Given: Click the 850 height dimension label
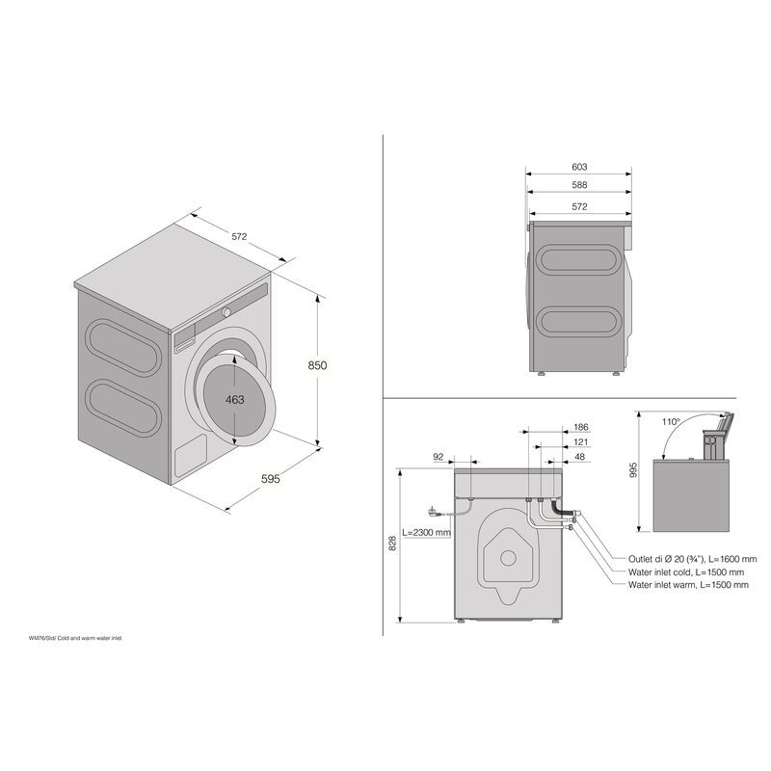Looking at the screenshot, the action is [317, 365].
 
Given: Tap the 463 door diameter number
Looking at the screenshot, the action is [235, 400].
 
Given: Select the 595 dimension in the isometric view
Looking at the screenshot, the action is [271, 478].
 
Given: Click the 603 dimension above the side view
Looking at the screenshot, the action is [579, 167].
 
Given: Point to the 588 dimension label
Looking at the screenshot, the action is [579, 185].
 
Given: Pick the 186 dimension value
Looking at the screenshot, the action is [581, 427].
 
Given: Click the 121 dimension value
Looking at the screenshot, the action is [581, 442].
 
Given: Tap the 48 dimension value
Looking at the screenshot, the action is [580, 457].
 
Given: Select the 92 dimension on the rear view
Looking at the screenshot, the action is [439, 457].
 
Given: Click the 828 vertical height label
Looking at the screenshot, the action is [392, 543].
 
